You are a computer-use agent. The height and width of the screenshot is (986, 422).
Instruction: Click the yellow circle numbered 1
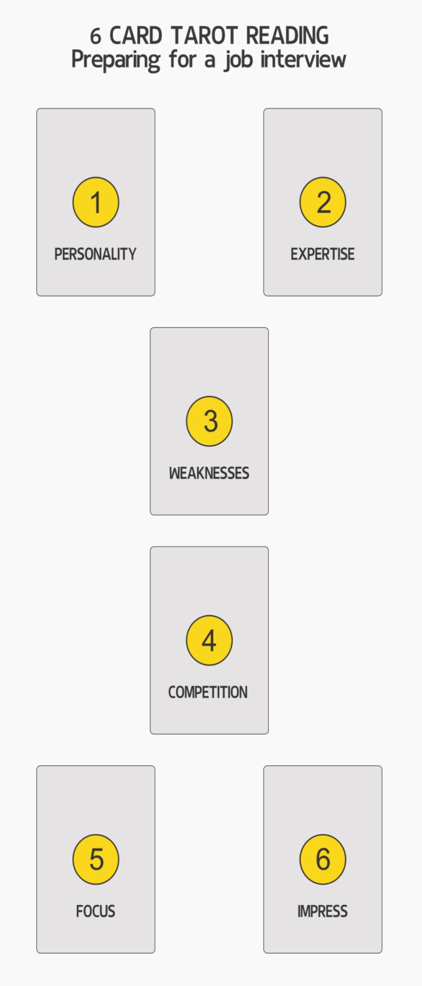(x=96, y=202)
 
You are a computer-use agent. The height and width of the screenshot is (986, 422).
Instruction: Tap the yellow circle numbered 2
(x=323, y=202)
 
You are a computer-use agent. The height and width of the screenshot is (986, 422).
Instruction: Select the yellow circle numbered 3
(x=209, y=421)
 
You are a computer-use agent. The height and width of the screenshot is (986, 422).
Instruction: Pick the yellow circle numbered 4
(x=209, y=640)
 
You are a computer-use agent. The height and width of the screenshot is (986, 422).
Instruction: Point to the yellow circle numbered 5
(x=96, y=859)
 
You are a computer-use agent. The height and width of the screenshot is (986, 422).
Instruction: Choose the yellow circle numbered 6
(x=323, y=859)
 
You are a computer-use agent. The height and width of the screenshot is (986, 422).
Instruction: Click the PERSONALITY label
(x=95, y=254)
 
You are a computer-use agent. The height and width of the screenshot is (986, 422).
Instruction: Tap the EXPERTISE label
(x=323, y=254)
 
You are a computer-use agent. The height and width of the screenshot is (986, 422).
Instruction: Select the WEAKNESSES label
(x=209, y=473)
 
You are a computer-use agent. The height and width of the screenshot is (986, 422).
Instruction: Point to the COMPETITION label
(x=208, y=692)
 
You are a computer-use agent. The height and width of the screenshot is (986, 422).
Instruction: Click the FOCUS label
(x=96, y=911)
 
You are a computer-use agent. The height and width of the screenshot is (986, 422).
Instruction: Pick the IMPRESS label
(x=323, y=911)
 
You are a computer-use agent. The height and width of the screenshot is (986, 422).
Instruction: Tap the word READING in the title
(x=287, y=35)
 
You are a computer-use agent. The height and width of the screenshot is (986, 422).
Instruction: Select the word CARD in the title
(x=136, y=35)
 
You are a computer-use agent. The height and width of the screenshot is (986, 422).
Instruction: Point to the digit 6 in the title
(x=95, y=36)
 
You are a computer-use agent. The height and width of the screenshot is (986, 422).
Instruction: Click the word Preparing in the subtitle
(x=116, y=60)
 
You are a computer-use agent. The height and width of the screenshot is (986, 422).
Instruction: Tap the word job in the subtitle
(x=237, y=60)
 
